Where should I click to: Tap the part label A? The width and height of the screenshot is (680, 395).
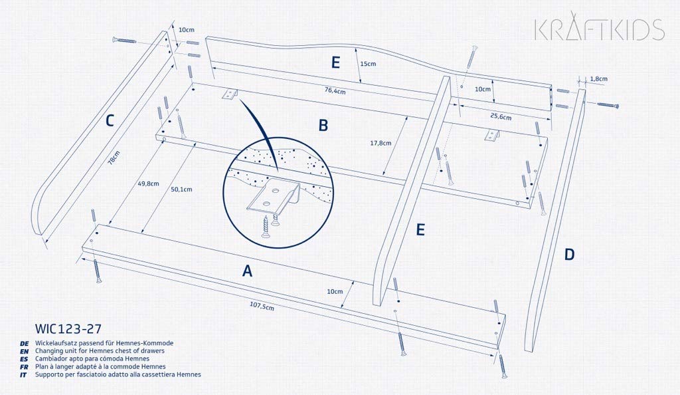[247, 271]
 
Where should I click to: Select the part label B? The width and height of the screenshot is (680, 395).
[323, 125]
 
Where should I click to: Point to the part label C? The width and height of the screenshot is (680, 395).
[110, 120]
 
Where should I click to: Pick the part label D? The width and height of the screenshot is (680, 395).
[569, 253]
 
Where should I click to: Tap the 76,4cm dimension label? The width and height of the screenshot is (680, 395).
[335, 91]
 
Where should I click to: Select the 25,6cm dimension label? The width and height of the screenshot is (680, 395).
[501, 117]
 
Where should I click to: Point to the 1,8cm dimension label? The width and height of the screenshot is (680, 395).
[598, 79]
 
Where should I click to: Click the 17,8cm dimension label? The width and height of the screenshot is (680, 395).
[381, 142]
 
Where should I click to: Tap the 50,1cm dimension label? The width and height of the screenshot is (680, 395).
[181, 190]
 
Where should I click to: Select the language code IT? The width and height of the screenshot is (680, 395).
[24, 375]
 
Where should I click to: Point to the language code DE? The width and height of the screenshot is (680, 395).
[24, 342]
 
